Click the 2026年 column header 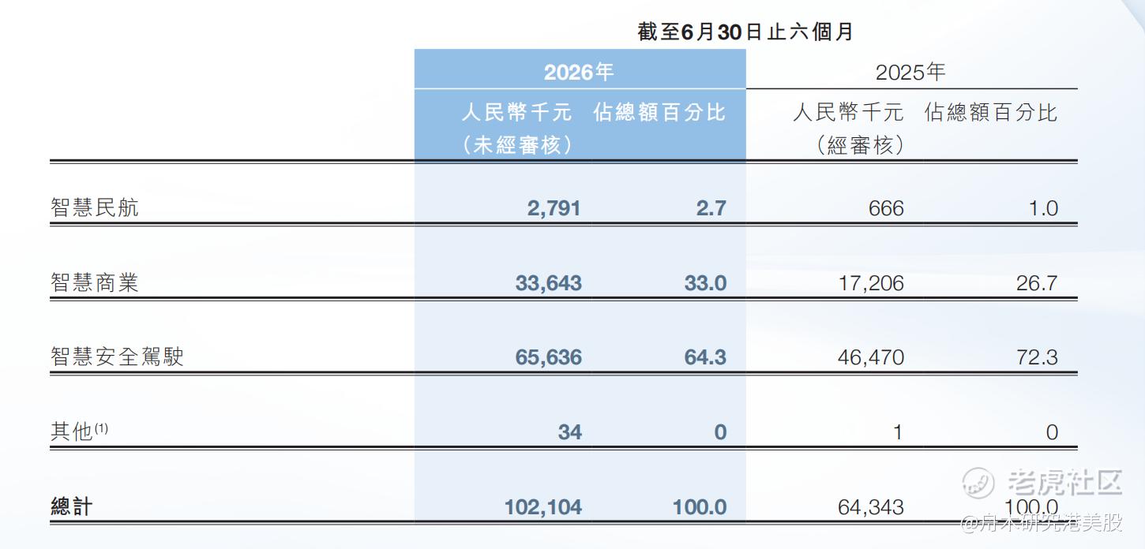coord(579,72)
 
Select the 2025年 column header coord(910,72)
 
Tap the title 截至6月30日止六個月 coord(745,32)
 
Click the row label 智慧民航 coord(95,207)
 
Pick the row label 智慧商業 coord(95,282)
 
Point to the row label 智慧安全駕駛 coord(117,357)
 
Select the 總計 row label coord(72,506)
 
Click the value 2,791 coord(554,208)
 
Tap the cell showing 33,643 coord(549,283)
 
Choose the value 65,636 coord(549,357)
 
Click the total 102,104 coord(542,507)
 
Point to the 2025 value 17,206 coord(871,283)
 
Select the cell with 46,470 coord(871,357)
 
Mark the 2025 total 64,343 coord(871,507)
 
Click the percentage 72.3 coord(1037,357)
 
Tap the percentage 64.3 coord(705,357)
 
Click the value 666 coord(886,208)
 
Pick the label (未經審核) coord(516,145)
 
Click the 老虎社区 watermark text coord(1064,482)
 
